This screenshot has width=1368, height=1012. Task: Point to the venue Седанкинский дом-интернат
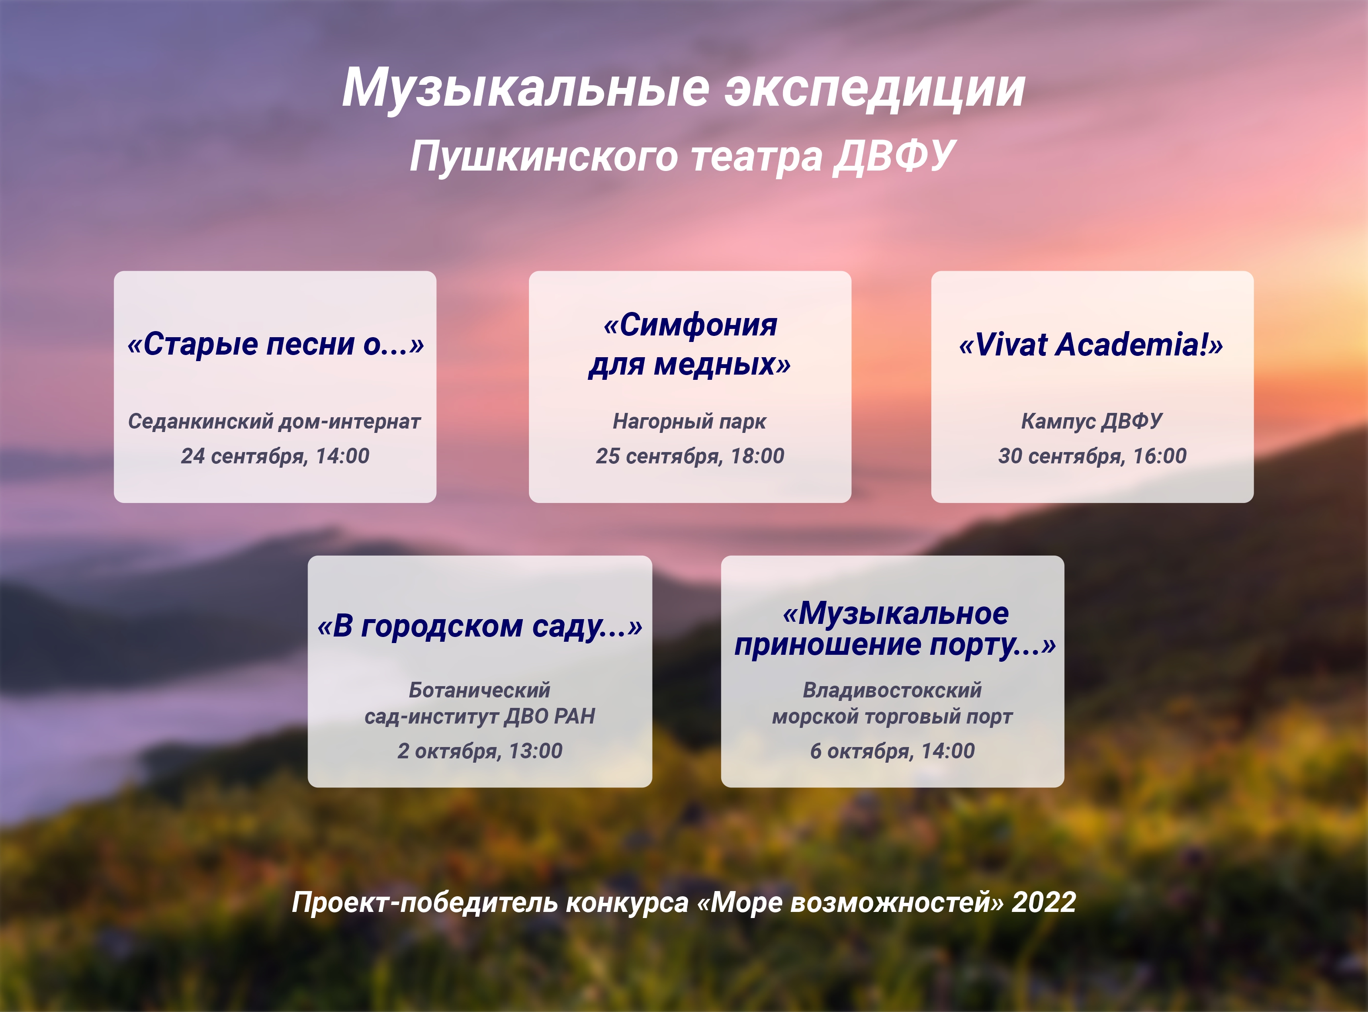click(x=274, y=422)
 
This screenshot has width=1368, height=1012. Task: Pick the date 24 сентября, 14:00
click(x=275, y=456)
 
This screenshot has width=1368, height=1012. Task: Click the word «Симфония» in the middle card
click(x=691, y=325)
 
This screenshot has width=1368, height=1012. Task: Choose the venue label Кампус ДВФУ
click(x=1092, y=422)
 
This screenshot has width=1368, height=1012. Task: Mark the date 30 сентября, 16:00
click(x=1092, y=456)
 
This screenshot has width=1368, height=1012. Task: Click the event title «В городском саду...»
click(x=480, y=627)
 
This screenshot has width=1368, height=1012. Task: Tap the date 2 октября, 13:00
click(x=480, y=751)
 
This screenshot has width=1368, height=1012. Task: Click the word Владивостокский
click(x=892, y=690)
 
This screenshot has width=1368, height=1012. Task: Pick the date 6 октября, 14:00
click(x=892, y=751)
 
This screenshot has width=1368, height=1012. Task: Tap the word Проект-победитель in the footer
click(x=425, y=903)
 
